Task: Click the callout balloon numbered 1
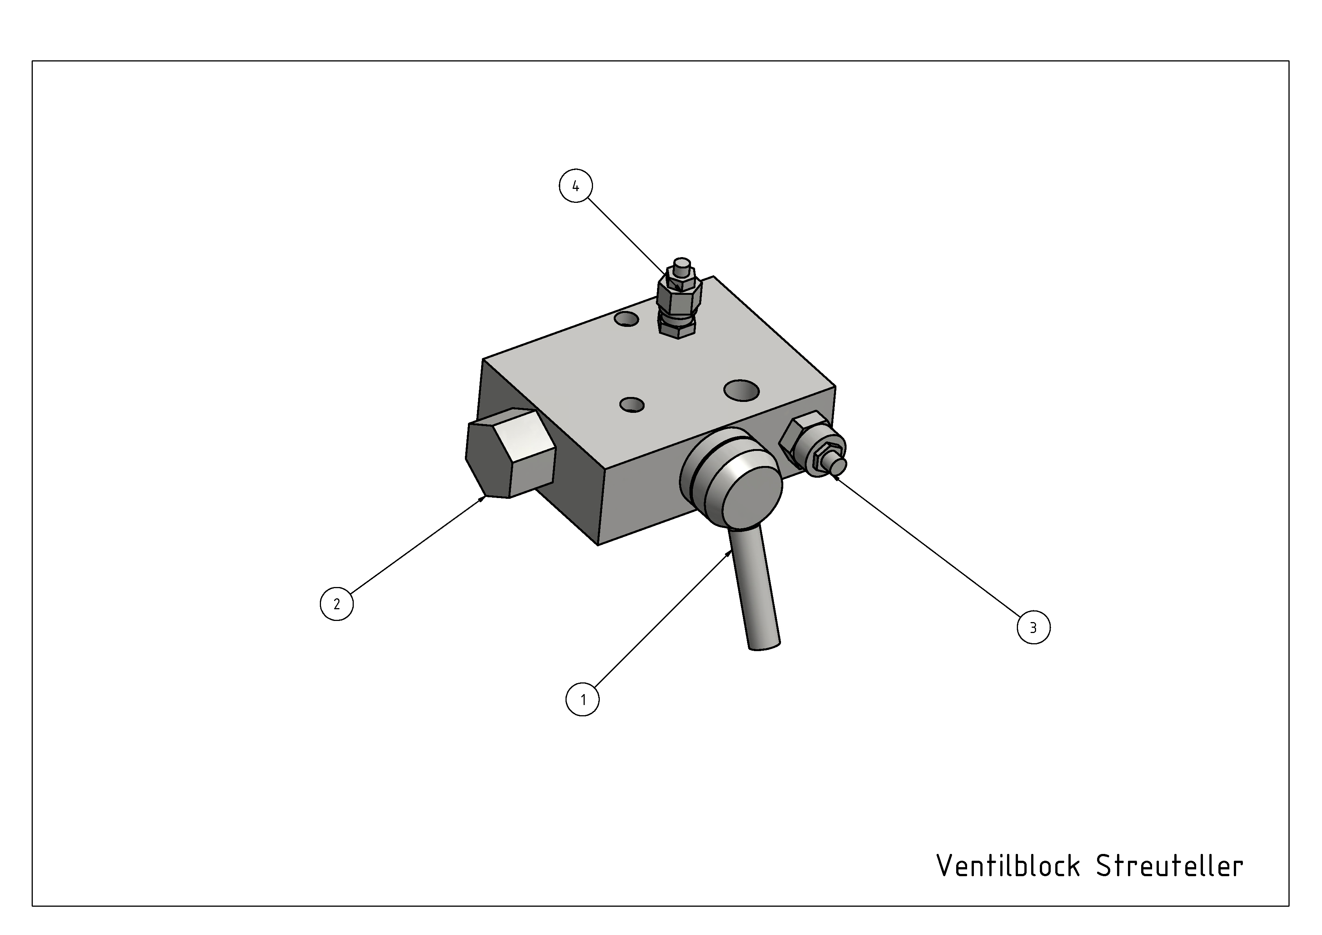pyautogui.click(x=583, y=699)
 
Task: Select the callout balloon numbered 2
pyautogui.click(x=337, y=604)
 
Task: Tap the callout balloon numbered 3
pyautogui.click(x=1033, y=627)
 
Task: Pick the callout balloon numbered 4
pyautogui.click(x=576, y=185)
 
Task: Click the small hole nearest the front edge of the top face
pyautogui.click(x=632, y=405)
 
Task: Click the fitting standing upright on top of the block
pyautogui.click(x=679, y=299)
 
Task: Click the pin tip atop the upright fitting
pyautogui.click(x=682, y=267)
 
